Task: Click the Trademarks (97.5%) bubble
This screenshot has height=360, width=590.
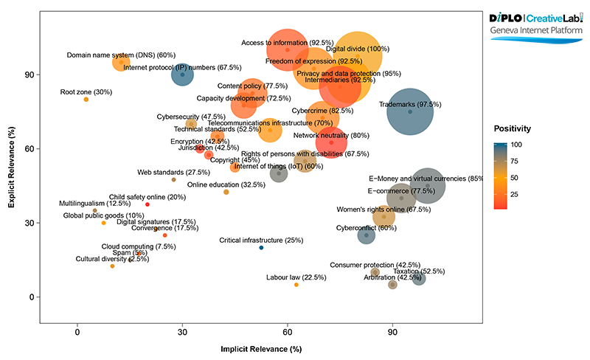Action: (x=410, y=111)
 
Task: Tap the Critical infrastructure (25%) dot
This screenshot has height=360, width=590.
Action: (x=261, y=248)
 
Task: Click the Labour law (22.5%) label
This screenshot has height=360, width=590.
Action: (x=296, y=277)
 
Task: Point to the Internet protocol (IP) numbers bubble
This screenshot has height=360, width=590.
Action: (x=183, y=75)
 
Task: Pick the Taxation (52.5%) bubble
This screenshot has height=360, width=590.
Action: (x=418, y=278)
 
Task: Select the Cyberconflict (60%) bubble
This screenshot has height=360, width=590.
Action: (x=367, y=235)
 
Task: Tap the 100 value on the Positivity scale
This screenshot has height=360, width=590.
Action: (x=517, y=145)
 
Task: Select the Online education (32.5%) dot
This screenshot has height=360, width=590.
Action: (x=226, y=192)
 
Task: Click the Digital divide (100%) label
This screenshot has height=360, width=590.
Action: (x=357, y=49)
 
